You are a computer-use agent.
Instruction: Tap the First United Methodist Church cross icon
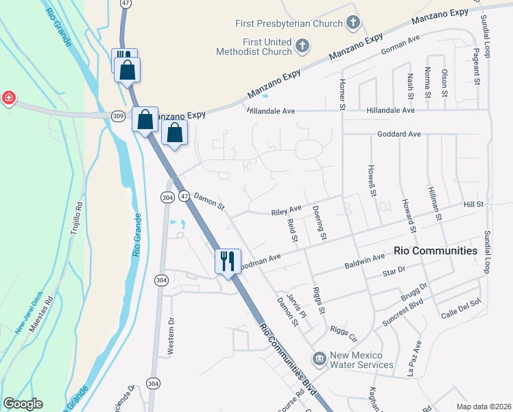pyautogui.click(x=302, y=47)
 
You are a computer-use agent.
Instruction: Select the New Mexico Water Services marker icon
pyautogui.click(x=318, y=358)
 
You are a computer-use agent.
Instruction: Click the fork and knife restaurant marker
pyautogui.click(x=228, y=261)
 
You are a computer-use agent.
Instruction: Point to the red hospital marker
pyautogui.click(x=8, y=98)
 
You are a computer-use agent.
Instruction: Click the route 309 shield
pyautogui.click(x=119, y=117)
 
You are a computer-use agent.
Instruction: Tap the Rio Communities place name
pyautogui.click(x=436, y=251)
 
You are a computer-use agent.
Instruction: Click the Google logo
pyautogui.click(x=23, y=404)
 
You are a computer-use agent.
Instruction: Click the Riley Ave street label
pyautogui.click(x=286, y=209)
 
